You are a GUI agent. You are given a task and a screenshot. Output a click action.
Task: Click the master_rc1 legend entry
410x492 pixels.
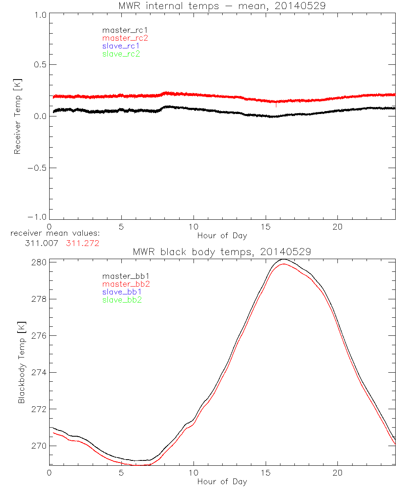121,30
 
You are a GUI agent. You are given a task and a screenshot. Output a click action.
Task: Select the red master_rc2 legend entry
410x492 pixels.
125,38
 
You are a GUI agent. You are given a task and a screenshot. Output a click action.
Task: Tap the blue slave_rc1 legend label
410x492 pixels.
121,46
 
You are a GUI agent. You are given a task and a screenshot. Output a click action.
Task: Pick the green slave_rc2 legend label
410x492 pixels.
121,54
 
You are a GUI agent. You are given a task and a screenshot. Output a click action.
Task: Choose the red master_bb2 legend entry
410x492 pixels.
126,284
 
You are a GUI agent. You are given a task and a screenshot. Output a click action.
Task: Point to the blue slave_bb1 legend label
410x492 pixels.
122,292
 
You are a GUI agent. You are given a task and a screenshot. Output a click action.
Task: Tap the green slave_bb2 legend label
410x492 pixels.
122,300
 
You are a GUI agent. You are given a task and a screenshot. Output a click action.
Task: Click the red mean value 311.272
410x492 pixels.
83,243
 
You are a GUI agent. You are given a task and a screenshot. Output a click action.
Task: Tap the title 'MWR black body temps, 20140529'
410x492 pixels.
222,252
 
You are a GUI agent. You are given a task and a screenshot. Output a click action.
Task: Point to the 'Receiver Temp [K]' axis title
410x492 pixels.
17,116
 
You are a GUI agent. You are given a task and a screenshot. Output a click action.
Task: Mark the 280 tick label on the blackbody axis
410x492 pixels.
40,262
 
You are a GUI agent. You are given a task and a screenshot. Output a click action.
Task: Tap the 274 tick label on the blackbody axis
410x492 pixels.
40,372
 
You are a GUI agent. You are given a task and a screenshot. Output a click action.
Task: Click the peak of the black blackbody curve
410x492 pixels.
283,259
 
